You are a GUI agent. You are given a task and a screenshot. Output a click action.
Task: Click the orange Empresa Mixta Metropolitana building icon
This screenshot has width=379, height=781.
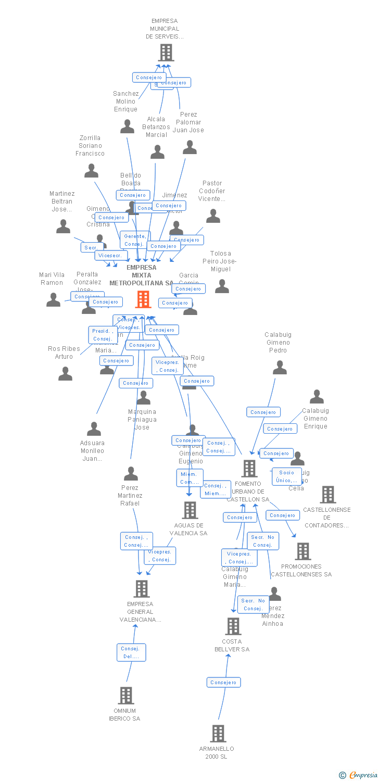tap(143, 299)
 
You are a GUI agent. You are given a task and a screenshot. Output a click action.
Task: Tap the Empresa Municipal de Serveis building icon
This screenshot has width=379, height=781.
tap(166, 53)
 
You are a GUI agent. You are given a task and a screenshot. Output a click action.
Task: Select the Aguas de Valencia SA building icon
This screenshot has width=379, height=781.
tap(190, 510)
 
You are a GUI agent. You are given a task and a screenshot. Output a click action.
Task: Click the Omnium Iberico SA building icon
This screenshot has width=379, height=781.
tap(125, 696)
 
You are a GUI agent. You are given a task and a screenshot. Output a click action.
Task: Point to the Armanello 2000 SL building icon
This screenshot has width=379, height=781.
tap(218, 734)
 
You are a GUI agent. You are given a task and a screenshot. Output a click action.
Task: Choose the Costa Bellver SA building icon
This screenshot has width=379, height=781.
tap(233, 626)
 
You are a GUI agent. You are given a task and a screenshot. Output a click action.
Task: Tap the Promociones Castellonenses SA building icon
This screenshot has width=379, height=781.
tap(302, 551)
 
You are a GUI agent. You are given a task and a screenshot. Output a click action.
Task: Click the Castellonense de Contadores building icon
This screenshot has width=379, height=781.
tap(327, 495)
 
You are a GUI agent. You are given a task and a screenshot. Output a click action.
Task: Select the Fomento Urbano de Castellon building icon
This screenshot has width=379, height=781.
tap(249, 469)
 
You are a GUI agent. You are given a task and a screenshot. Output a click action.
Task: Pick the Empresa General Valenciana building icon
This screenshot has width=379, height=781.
tap(141, 589)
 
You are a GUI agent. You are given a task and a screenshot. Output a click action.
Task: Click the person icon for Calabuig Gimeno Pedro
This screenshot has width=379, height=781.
tap(280, 368)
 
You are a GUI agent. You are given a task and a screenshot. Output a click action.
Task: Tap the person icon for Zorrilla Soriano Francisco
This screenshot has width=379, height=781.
tap(92, 171)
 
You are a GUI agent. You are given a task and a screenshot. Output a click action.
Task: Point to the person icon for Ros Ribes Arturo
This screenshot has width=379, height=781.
tap(65, 373)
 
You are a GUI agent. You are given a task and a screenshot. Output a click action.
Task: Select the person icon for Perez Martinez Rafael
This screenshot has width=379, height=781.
tap(131, 474)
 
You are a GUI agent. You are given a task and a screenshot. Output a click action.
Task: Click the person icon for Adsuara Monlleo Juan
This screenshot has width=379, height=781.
tap(94, 429)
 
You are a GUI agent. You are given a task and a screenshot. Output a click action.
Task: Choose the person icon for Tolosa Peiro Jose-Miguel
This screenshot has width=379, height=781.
tap(222, 286)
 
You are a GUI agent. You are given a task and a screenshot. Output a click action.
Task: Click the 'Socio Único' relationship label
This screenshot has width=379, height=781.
tap(286, 476)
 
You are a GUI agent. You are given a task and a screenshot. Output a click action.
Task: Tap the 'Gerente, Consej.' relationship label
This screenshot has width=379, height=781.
tap(135, 240)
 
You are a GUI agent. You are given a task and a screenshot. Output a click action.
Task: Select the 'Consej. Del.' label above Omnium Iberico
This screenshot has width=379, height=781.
tap(131, 652)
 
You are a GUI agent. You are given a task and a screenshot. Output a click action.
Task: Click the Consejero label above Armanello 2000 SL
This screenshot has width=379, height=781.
tap(224, 682)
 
